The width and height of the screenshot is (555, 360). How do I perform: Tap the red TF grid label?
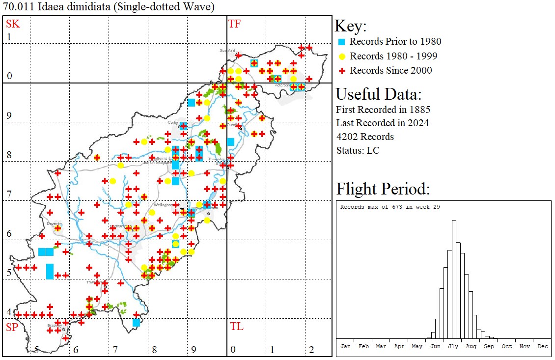(234, 24)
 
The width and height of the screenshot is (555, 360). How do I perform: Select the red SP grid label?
(12, 327)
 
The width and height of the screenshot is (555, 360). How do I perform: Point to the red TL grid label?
(236, 327)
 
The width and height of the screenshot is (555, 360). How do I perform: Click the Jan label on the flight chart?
(345, 346)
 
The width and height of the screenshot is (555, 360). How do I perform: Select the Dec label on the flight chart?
(543, 346)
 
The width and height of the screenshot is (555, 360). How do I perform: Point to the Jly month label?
(453, 346)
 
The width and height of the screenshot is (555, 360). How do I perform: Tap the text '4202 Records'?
(365, 137)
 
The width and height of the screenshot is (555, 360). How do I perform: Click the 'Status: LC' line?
(358, 150)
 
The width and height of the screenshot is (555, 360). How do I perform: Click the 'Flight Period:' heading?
(383, 189)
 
